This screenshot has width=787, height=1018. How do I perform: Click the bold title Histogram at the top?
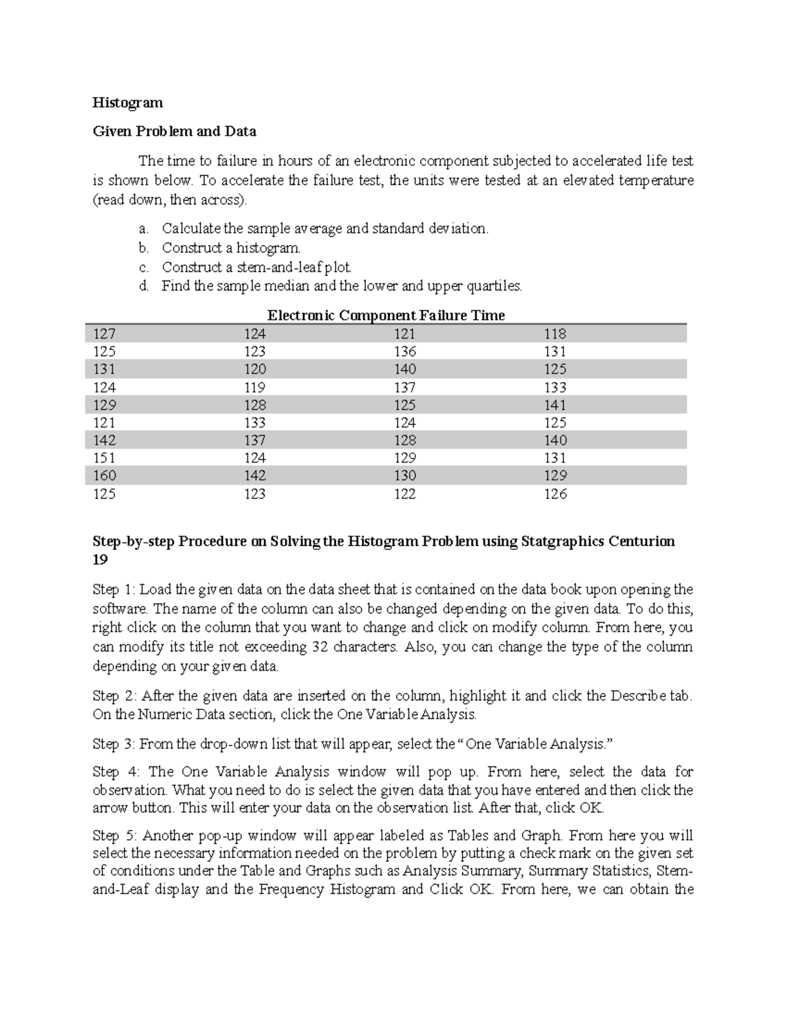click(x=127, y=103)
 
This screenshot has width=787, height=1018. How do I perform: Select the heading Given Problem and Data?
click(x=174, y=131)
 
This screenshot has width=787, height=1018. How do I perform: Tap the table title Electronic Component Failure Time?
click(x=386, y=315)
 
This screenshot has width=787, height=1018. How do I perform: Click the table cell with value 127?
click(x=104, y=334)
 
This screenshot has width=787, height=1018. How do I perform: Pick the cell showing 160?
click(x=104, y=476)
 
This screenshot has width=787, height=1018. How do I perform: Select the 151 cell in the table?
click(x=104, y=458)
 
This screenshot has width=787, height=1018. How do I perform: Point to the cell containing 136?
click(x=405, y=351)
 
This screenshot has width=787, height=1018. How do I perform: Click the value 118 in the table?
click(x=555, y=334)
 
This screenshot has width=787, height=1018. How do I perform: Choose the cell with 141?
click(x=555, y=405)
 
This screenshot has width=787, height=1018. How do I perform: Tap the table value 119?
click(x=254, y=387)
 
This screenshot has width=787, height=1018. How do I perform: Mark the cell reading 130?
click(x=405, y=476)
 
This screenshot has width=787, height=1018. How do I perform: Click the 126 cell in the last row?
click(x=555, y=494)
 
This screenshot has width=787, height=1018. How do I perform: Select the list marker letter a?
click(x=144, y=229)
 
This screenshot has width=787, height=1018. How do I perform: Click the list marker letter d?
click(x=144, y=286)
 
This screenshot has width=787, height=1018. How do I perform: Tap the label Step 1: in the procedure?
click(x=114, y=589)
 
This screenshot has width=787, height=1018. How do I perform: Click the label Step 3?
click(x=114, y=744)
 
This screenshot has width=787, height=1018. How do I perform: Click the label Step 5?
click(x=115, y=836)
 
